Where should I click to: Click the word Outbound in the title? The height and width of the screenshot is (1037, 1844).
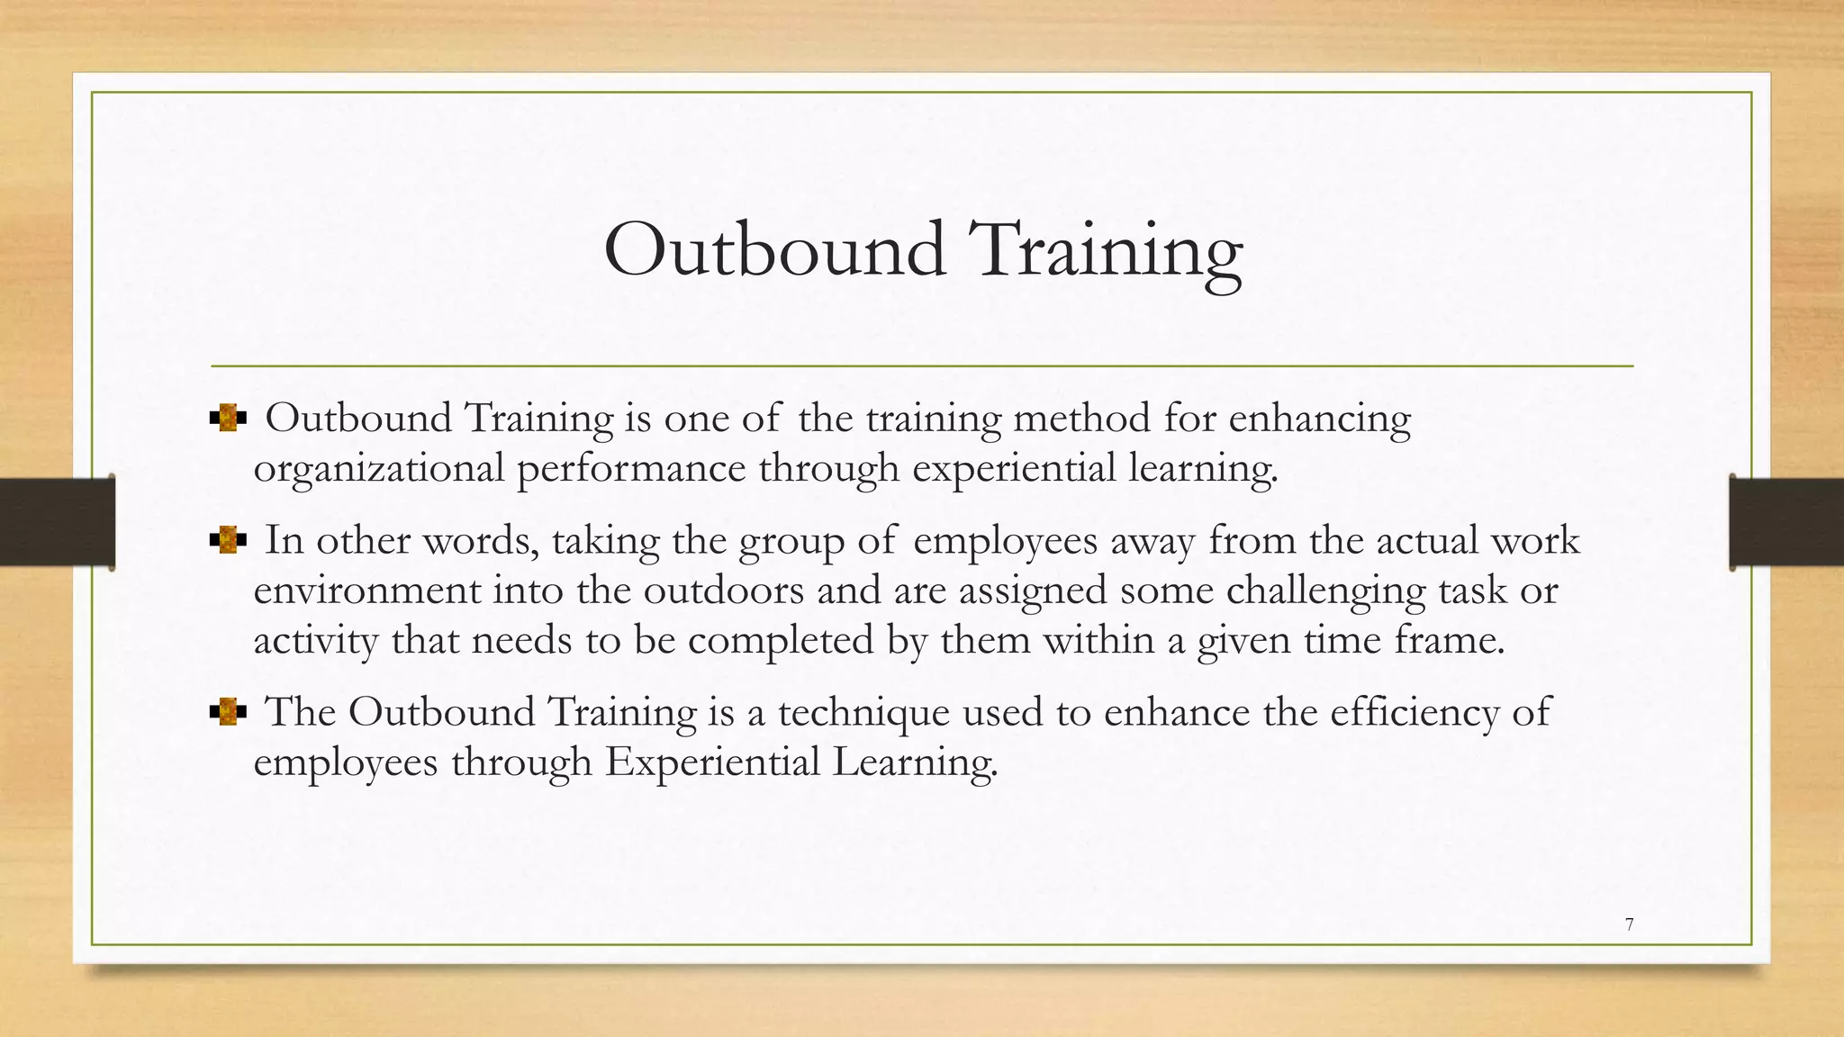[774, 249]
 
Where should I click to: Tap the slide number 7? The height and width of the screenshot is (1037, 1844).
[1630, 924]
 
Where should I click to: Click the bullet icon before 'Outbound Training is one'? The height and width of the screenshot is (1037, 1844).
[228, 419]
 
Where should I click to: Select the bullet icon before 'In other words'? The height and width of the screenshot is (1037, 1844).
[228, 541]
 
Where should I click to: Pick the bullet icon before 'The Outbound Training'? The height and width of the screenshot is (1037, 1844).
[228, 713]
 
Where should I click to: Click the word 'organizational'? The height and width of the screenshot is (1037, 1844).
[378, 469]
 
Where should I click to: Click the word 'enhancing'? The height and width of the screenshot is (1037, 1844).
[1320, 419]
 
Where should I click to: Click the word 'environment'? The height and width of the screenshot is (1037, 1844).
[366, 591]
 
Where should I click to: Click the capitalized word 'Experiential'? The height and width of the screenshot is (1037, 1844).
[712, 762]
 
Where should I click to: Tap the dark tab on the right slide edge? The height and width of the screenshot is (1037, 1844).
[1786, 522]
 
